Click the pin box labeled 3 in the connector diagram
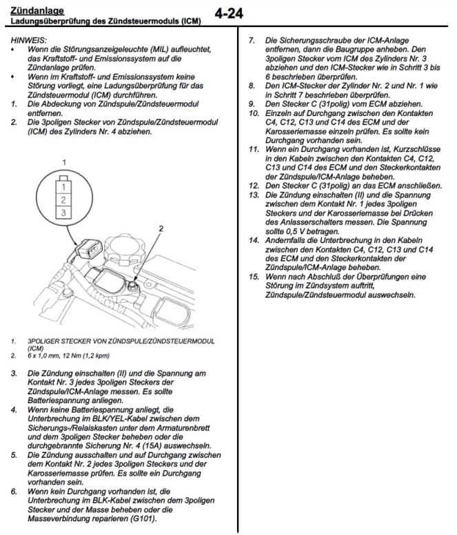63,213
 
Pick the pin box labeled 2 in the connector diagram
63,200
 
